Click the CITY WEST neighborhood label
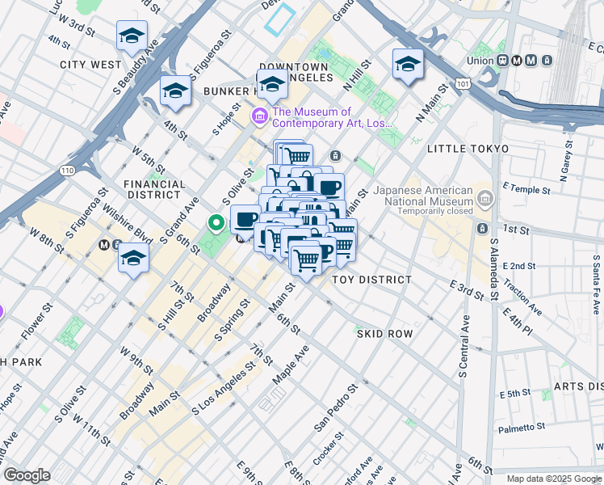pyautogui.click(x=90, y=63)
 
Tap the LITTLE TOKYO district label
pyautogui.click(x=468, y=149)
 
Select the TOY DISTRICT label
pyautogui.click(x=372, y=280)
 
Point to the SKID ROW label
pyautogui.click(x=384, y=333)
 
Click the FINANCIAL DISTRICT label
pyautogui.click(x=154, y=189)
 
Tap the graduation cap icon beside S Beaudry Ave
pyautogui.click(x=132, y=36)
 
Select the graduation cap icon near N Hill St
pyautogui.click(x=408, y=64)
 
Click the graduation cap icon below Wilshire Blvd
pyautogui.click(x=134, y=259)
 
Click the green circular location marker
pyautogui.click(x=216, y=222)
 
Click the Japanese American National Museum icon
pyautogui.click(x=484, y=196)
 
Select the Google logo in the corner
pyautogui.click(x=27, y=475)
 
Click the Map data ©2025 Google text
pyautogui.click(x=553, y=479)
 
